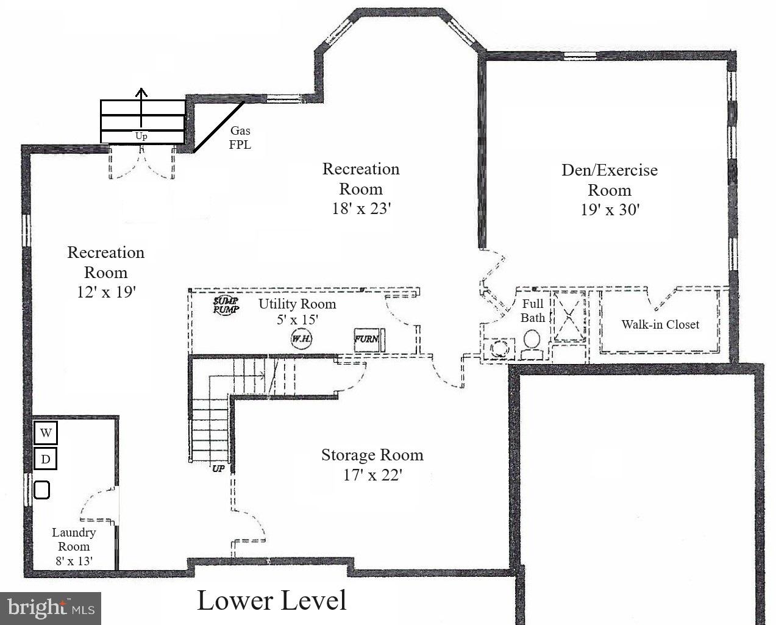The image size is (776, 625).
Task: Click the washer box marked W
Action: [x=46, y=434]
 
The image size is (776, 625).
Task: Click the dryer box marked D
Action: [x=46, y=459]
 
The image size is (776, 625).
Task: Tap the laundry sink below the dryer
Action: [x=41, y=490]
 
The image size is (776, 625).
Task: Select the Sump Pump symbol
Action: [x=226, y=305]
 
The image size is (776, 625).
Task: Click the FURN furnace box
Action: [x=367, y=339]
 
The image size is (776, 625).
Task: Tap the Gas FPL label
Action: [x=240, y=138]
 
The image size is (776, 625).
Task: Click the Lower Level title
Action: [x=272, y=601]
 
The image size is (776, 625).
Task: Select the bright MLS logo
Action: [x=51, y=608]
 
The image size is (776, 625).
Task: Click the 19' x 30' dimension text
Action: [x=610, y=210]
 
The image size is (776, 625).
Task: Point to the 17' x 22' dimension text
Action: [x=372, y=475]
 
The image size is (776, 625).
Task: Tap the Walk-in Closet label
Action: [x=660, y=324]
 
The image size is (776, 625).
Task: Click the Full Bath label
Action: [x=532, y=310]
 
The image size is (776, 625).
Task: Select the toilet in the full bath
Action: [x=532, y=345]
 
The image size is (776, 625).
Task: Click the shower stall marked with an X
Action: [x=568, y=317]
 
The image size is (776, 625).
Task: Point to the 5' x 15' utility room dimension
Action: [x=297, y=319]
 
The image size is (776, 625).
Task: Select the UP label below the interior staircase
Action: [x=218, y=469]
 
